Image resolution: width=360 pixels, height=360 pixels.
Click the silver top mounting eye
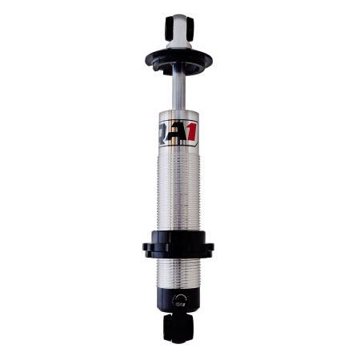point(180,29)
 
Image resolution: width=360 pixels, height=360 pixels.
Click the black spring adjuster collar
point(179,244)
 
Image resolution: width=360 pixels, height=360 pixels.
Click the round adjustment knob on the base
point(178,302)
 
